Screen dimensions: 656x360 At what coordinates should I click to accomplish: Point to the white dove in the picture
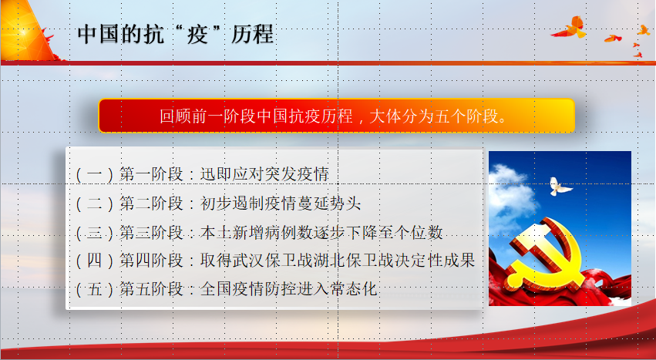[x=560, y=187]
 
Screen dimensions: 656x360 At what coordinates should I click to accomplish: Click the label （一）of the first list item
[x=95, y=174]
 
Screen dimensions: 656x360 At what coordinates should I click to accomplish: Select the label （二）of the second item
[x=95, y=204]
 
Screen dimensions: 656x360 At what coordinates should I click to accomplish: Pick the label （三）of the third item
[x=95, y=232]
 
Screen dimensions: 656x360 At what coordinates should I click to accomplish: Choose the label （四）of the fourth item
[x=95, y=261]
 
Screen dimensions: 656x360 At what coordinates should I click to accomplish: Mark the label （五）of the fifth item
[x=95, y=289]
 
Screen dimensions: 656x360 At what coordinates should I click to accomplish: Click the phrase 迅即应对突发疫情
[x=265, y=174]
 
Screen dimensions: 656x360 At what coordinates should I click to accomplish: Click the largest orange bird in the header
[x=570, y=28]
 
